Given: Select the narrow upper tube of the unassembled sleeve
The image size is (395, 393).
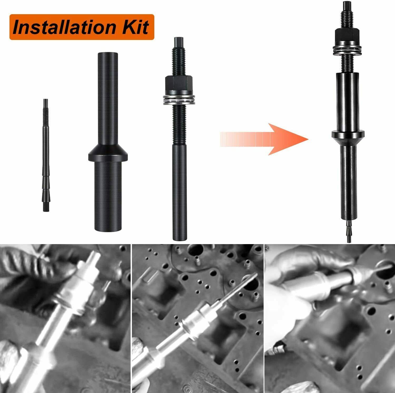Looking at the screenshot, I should (x=107, y=97).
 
